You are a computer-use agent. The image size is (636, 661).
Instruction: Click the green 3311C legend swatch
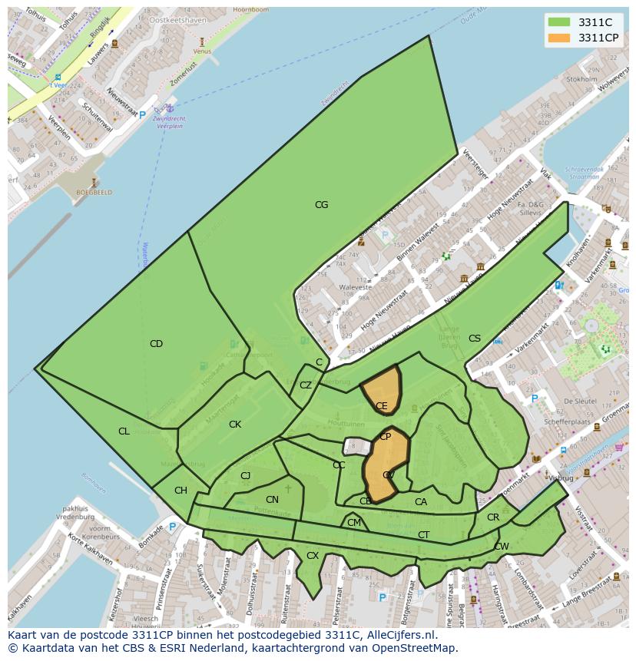[x=559, y=22]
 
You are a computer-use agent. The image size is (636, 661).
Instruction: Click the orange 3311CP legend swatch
[x=559, y=38]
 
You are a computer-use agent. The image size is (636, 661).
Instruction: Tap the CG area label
[x=321, y=205]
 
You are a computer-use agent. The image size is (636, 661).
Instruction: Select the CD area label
[x=156, y=344]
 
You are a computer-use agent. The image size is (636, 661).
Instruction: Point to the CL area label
[x=124, y=431]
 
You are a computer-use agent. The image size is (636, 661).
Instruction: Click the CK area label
[x=235, y=425]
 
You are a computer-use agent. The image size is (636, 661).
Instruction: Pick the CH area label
[x=181, y=491]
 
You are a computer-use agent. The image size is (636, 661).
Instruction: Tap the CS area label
[x=475, y=339]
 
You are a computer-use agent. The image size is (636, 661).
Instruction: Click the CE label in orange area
[x=382, y=406]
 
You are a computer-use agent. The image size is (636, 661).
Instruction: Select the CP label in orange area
[x=386, y=437]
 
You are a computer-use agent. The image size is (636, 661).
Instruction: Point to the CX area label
[x=313, y=555]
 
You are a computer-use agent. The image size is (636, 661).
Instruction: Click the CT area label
[x=424, y=535]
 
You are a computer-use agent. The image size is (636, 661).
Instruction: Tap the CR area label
[x=493, y=517]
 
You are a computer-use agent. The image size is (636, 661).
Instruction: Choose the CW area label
[x=502, y=547]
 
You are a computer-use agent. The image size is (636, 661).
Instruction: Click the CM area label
[x=354, y=523]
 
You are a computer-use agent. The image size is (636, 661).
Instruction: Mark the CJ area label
[x=246, y=476]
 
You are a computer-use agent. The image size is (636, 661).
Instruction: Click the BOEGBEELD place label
[x=94, y=193]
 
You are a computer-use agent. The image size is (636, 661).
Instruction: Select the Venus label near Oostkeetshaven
[x=202, y=51]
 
